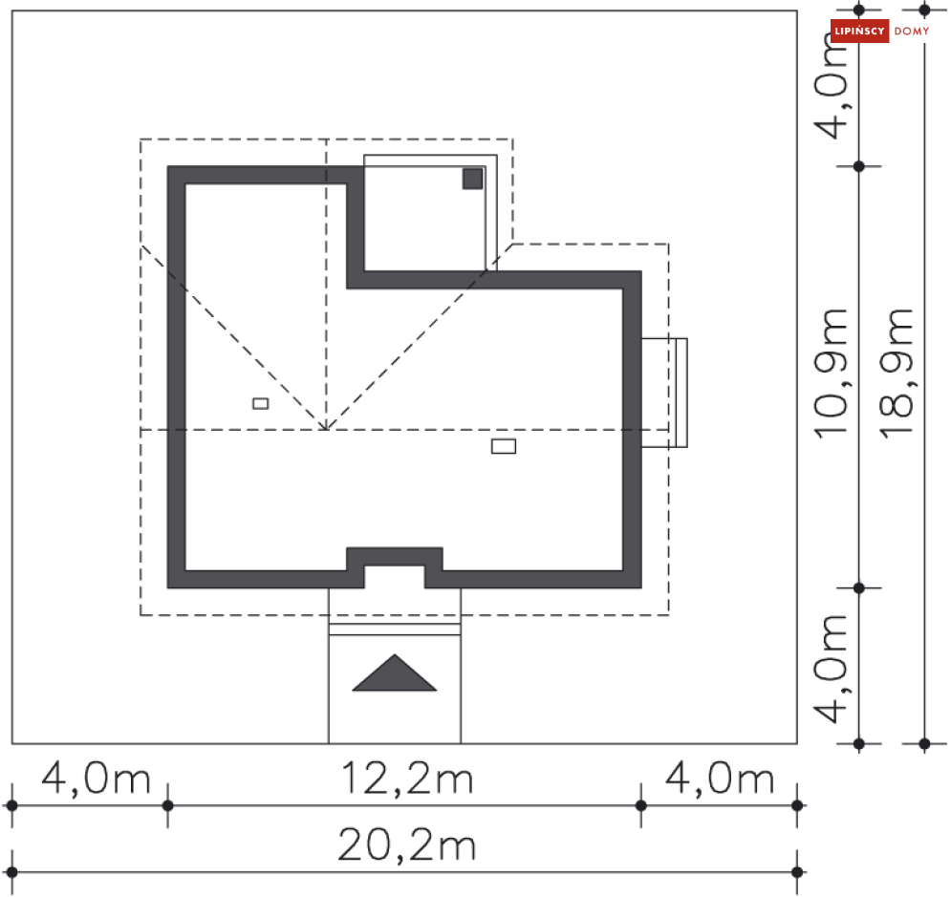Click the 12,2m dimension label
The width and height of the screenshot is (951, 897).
407,779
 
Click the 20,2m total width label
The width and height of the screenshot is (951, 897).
406,844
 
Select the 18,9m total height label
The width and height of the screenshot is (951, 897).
897,374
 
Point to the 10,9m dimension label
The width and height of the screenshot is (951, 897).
831,374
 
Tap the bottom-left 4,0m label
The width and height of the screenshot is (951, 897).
96,779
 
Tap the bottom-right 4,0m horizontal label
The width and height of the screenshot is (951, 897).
720,779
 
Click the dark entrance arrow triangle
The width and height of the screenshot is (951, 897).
394,674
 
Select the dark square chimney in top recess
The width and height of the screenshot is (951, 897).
472,179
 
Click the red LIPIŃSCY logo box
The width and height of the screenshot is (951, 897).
859,31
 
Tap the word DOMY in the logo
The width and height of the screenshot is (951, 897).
912,31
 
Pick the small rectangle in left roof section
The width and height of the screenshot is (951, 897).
261,404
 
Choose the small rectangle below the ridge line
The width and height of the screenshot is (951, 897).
504,447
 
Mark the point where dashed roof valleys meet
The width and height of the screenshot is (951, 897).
326,430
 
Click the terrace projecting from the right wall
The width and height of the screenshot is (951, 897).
664,393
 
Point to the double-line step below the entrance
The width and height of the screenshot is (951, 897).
394,630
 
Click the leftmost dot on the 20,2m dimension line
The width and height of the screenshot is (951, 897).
12,872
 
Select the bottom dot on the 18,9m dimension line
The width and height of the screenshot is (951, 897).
924,743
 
